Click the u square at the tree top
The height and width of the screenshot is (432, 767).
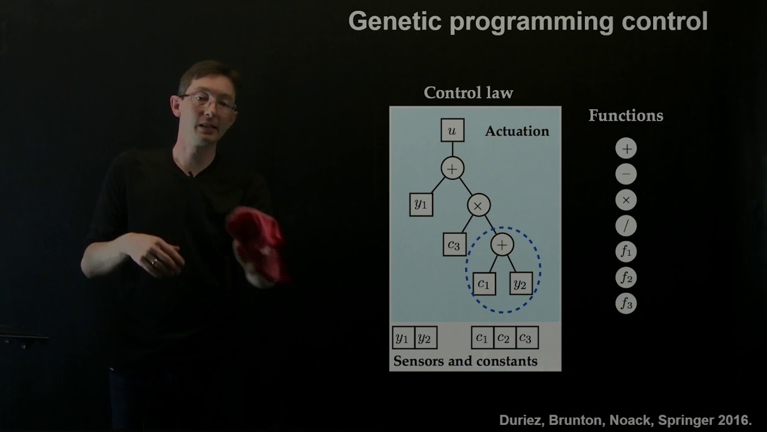point(452,130)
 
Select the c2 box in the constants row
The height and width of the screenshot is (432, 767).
point(503,338)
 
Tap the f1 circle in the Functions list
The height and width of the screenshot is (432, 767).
point(626,252)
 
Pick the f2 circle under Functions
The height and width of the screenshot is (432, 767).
point(626,278)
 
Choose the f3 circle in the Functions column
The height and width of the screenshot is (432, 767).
point(626,304)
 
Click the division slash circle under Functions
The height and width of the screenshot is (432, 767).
point(626,226)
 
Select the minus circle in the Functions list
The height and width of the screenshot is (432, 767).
point(626,175)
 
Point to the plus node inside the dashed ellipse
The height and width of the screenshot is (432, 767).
point(502,244)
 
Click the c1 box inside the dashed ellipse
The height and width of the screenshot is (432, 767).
point(484,284)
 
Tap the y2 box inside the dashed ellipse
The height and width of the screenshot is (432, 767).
point(520,284)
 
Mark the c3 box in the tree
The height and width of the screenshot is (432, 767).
point(454,244)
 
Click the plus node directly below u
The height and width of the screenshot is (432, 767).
point(452,169)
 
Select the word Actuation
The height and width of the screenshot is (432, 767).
point(517,131)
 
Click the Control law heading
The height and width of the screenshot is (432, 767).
point(468,93)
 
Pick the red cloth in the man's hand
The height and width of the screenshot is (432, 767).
point(258,243)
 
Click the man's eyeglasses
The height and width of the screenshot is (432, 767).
point(210,102)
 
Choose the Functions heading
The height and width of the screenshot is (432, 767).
point(626,116)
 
